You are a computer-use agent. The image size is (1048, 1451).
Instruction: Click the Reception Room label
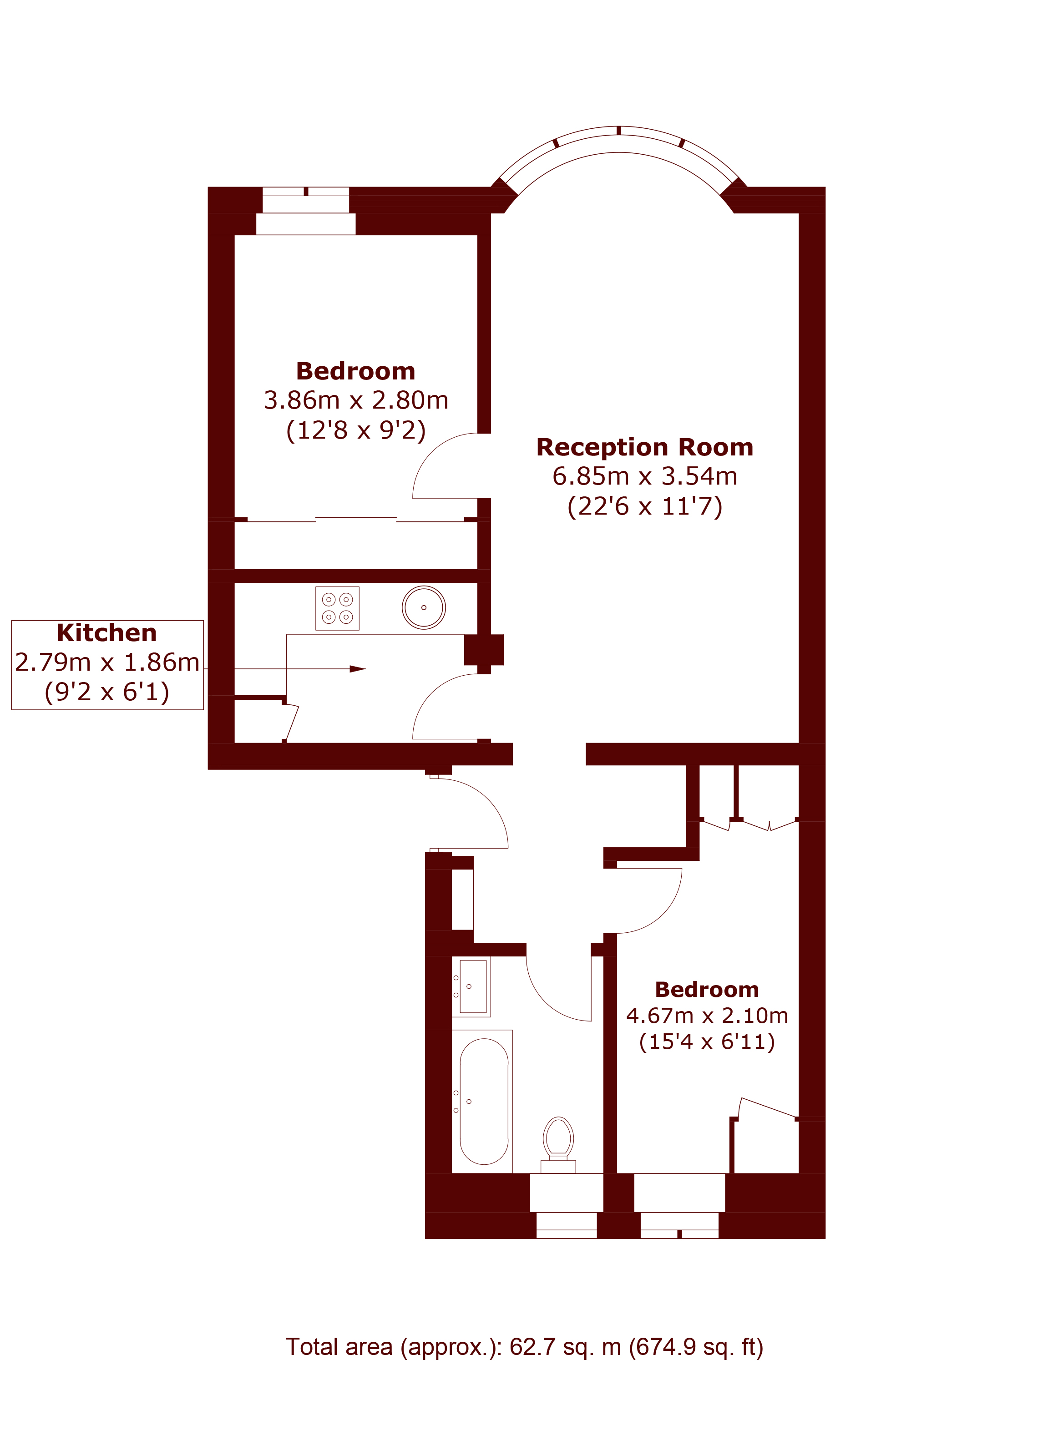(x=644, y=447)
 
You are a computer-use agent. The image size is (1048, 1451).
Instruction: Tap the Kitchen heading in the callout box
(x=107, y=633)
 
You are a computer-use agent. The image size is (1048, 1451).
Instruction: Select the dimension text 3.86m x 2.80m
(x=356, y=400)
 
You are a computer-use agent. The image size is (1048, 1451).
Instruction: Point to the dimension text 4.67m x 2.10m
(x=707, y=1015)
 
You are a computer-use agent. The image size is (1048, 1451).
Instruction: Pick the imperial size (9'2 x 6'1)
(x=107, y=692)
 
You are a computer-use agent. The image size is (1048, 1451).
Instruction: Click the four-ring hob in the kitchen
(x=337, y=608)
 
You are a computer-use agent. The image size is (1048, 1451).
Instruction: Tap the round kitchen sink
(x=424, y=607)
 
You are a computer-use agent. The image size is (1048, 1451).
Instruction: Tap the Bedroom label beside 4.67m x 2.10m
(x=707, y=989)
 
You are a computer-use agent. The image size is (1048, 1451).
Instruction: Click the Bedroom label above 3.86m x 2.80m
(x=356, y=371)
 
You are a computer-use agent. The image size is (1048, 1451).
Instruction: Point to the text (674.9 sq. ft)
(x=696, y=1347)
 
